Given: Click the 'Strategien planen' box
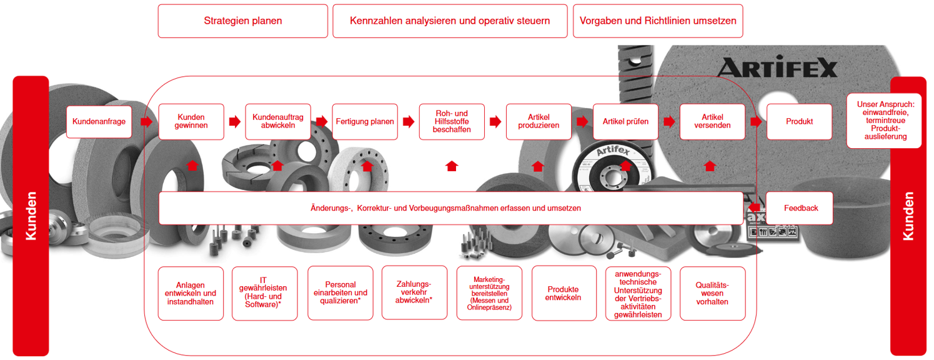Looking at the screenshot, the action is [242, 21].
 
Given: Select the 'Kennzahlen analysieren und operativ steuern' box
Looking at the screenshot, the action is [450, 21].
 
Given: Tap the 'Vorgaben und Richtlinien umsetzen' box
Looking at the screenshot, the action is [658, 21].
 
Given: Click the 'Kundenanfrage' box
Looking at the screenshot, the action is [99, 121].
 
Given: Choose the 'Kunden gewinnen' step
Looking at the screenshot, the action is [191, 121].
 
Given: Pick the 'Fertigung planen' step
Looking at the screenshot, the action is [365, 121].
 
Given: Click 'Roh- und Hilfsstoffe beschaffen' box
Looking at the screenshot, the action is [452, 121].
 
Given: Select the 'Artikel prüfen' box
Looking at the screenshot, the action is [625, 121].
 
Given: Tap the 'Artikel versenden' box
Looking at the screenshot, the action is [712, 121].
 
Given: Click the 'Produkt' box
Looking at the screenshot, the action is [799, 121].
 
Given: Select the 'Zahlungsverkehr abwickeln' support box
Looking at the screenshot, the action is [414, 293].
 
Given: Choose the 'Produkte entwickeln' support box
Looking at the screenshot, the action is [564, 293].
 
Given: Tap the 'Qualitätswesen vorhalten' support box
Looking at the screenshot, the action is [712, 293].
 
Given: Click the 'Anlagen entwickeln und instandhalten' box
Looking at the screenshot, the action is [191, 293].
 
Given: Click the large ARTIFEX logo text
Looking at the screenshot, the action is [777, 67].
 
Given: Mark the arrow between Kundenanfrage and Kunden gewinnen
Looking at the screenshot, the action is [146, 121].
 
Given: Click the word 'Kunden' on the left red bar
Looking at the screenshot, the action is [31, 216].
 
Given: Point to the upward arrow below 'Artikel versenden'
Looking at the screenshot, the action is [710, 166].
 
